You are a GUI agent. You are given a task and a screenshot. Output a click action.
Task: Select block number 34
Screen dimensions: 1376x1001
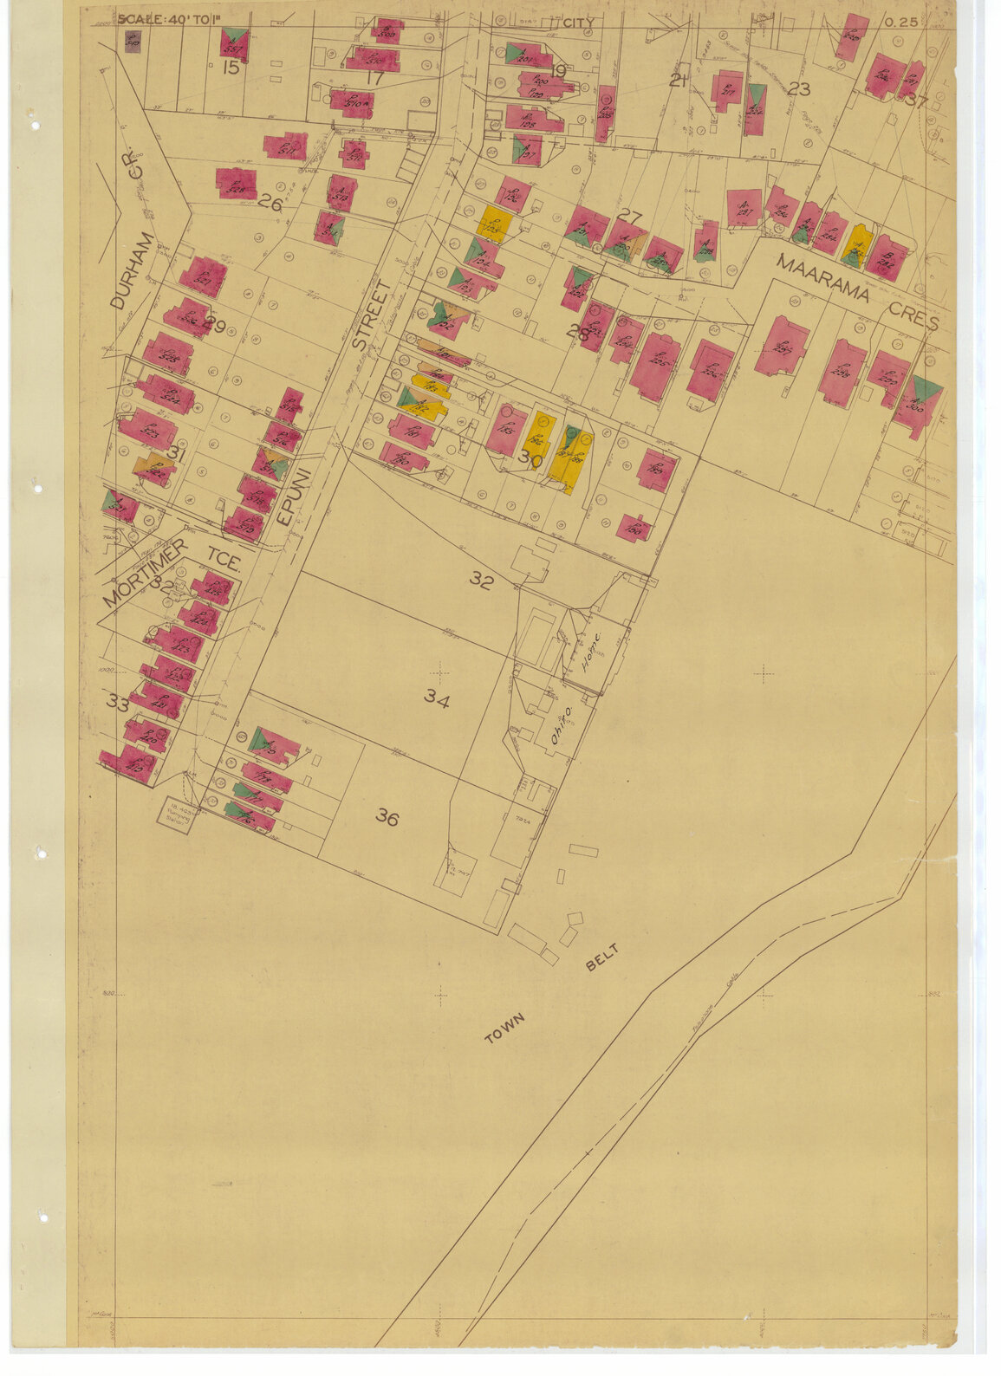(x=437, y=698)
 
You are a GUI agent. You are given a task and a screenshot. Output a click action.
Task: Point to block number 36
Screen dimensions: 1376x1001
(x=387, y=816)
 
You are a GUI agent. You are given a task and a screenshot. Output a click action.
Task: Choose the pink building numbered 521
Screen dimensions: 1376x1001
(x=203, y=277)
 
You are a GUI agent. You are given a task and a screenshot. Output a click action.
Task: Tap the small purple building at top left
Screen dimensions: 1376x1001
(x=133, y=41)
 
